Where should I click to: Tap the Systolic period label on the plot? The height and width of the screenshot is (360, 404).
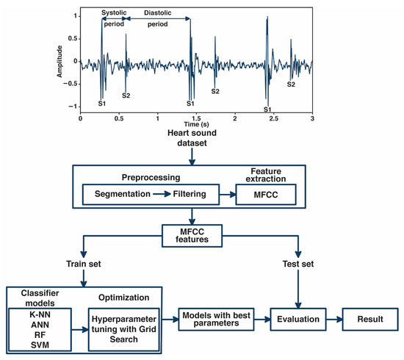(115, 18)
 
